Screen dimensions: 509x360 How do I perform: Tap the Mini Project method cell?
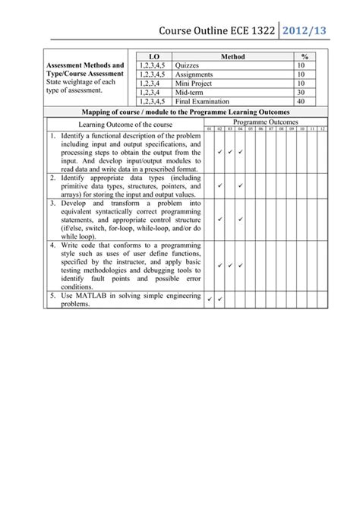click(194, 83)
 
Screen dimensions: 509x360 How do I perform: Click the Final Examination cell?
click(201, 100)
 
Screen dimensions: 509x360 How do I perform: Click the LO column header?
click(154, 57)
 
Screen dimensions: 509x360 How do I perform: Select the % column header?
click(305, 57)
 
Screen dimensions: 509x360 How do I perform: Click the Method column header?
click(233, 57)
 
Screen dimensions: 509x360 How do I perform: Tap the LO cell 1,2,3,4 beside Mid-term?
click(151, 92)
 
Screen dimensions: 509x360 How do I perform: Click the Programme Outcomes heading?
click(266, 122)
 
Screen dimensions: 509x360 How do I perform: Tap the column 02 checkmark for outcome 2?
click(219, 185)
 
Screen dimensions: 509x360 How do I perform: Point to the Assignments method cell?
click(194, 74)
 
